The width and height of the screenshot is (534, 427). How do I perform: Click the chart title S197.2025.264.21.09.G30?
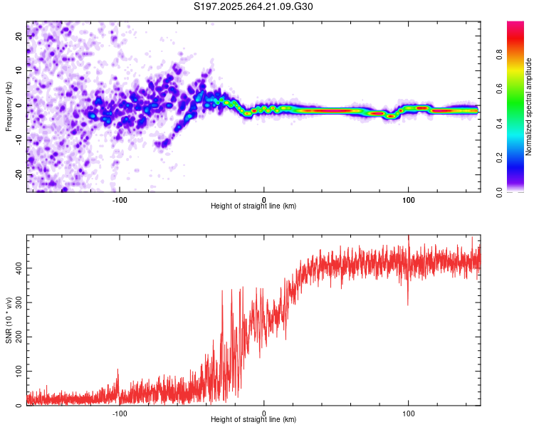point(253,7)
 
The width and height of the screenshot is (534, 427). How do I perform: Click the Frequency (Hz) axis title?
point(9,107)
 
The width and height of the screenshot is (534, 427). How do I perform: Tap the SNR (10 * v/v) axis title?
point(9,321)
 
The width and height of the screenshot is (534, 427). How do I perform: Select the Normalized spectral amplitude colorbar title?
point(528,107)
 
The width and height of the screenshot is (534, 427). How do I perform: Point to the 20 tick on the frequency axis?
point(20,37)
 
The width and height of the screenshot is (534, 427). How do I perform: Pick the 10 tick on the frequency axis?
point(20,71)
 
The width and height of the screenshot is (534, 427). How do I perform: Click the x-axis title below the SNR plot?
point(253,420)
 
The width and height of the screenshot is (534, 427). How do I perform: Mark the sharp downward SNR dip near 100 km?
point(408,304)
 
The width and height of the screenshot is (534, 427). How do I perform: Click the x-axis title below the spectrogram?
point(253,206)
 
